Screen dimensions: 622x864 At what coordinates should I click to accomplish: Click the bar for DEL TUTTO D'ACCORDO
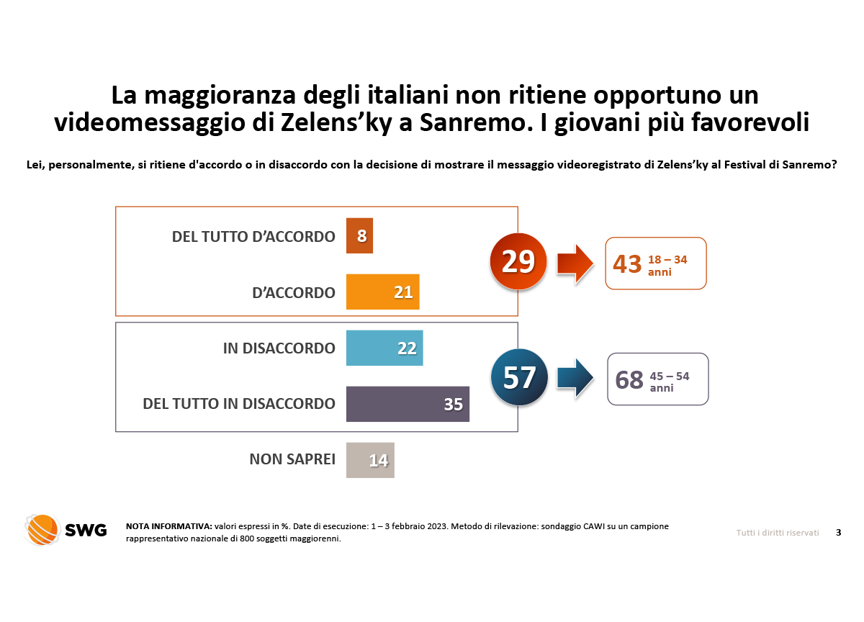pos(359,236)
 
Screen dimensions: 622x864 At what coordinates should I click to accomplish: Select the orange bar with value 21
pos(382,292)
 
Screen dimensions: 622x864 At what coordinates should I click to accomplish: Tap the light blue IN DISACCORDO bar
pos(384,348)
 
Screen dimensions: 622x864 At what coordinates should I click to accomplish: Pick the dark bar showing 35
pos(408,404)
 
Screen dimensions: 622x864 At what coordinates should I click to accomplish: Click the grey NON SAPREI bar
pos(370,460)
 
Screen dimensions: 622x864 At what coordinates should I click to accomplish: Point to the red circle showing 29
pos(518,262)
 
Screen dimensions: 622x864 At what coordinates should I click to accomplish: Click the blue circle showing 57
pos(519,377)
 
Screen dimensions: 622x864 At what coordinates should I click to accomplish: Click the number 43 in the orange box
pos(626,264)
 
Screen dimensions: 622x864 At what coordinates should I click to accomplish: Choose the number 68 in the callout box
pos(629,379)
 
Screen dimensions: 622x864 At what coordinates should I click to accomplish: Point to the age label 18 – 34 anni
pos(667,266)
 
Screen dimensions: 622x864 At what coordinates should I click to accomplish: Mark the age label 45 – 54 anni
pos(669,381)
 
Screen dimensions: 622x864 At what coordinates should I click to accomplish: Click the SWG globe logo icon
pos(41,530)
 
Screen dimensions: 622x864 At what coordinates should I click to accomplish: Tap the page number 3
pos(838,533)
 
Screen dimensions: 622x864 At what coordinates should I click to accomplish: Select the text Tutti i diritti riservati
pos(778,533)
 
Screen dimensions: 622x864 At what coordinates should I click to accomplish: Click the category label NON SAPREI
pos(292,459)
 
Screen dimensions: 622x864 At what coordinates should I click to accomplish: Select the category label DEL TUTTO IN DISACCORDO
pos(239,404)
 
